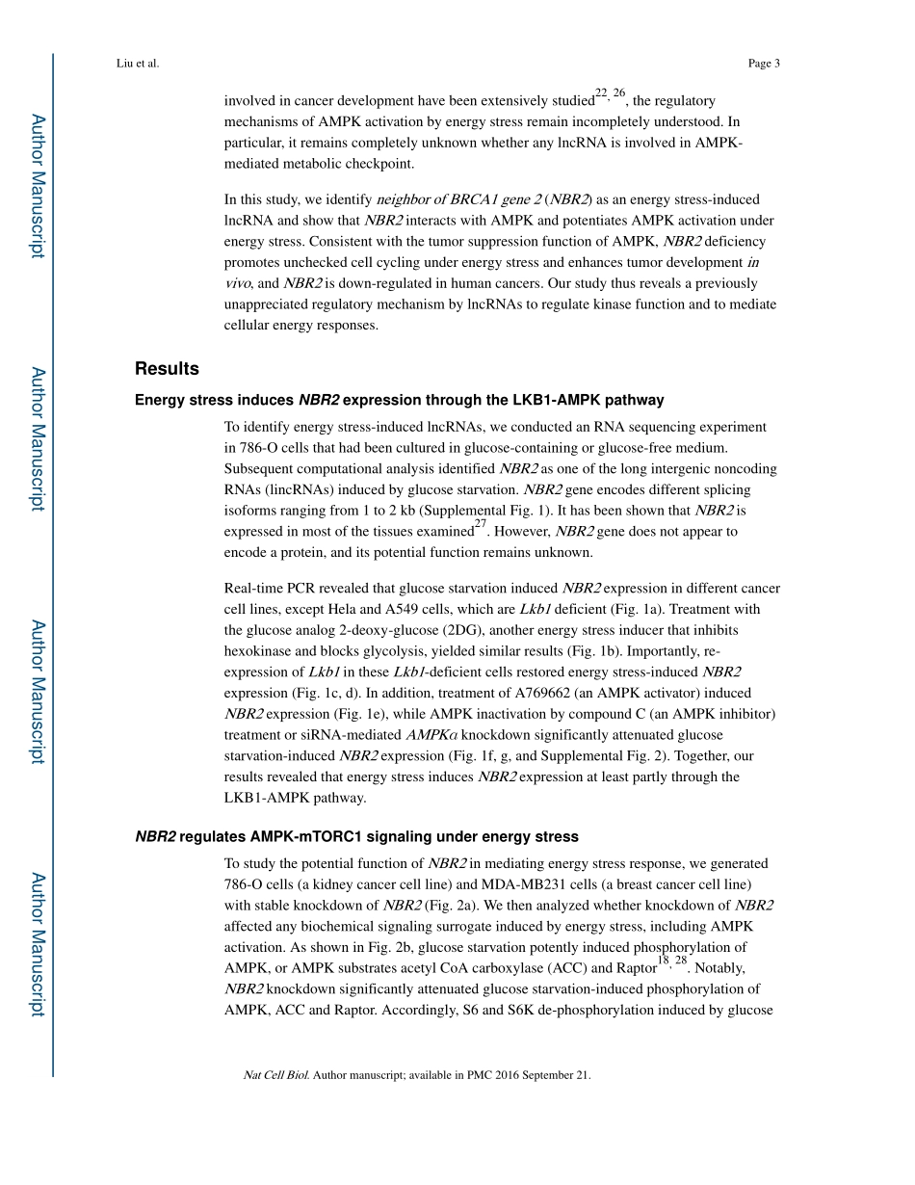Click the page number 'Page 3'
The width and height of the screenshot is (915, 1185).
point(763,64)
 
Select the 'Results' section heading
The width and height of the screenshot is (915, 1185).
point(167,368)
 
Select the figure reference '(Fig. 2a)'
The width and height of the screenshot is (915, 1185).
point(453,906)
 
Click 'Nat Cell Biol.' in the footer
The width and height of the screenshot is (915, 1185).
point(276,1076)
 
